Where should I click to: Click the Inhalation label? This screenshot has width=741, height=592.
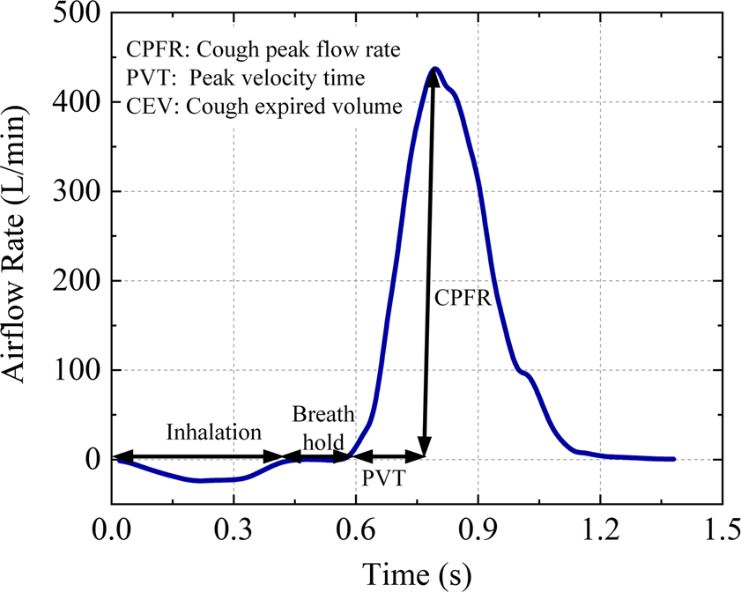(x=214, y=433)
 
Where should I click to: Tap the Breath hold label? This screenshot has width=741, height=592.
(x=323, y=428)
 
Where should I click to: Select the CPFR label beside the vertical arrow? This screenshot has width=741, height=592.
(x=462, y=298)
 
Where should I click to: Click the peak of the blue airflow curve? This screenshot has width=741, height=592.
(x=435, y=68)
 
